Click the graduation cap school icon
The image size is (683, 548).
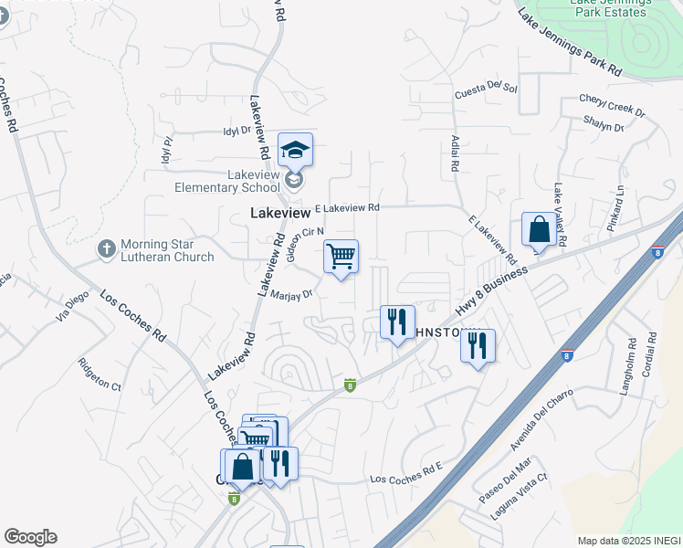295,149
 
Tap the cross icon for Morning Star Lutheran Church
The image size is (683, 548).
106,248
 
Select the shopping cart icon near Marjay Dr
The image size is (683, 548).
341,256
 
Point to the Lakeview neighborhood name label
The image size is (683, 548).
280,213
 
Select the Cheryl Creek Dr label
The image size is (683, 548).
612,105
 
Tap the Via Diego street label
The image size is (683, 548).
75,304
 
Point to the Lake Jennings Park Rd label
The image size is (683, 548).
569,42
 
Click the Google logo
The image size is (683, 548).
30,537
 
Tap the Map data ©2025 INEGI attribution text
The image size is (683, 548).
628,541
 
